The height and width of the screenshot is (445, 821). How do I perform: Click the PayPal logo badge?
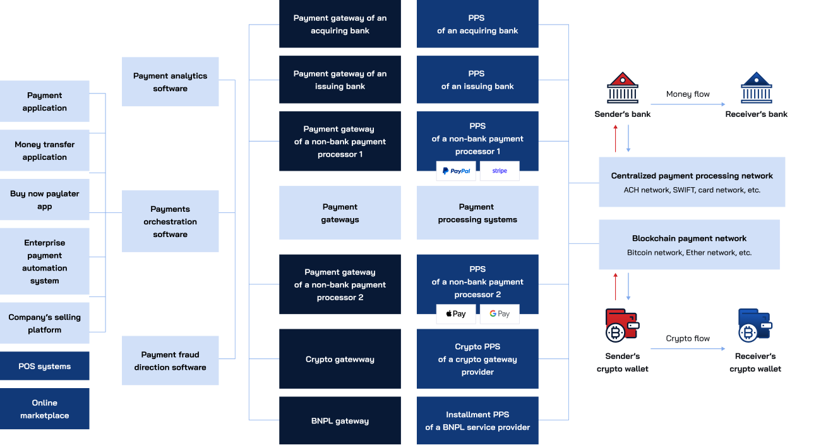[455, 171]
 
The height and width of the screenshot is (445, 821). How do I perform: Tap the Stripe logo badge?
[500, 171]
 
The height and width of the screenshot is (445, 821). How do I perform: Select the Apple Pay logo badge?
[455, 314]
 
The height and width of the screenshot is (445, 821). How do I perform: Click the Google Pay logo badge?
[500, 314]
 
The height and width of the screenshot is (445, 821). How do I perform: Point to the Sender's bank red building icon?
[622, 88]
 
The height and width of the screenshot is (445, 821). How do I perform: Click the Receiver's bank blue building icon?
[756, 88]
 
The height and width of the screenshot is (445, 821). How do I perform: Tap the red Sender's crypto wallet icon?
[621, 326]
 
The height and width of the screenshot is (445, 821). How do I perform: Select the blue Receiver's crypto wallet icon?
[755, 326]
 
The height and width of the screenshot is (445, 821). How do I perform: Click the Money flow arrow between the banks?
[688, 104]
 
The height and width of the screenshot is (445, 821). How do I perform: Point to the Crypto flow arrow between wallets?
[688, 348]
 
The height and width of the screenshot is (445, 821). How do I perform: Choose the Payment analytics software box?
[171, 82]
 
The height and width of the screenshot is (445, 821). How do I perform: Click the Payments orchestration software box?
[171, 222]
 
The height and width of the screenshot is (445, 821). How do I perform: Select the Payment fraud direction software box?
[171, 361]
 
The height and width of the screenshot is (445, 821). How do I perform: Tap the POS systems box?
[45, 367]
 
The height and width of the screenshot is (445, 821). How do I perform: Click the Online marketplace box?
[45, 409]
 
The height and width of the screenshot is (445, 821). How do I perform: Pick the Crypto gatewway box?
[340, 359]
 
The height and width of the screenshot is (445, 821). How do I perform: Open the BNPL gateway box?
[340, 421]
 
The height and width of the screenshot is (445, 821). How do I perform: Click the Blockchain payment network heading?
[689, 238]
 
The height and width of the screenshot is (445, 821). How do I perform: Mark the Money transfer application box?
[45, 151]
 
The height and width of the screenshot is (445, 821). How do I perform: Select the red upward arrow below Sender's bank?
[616, 138]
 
